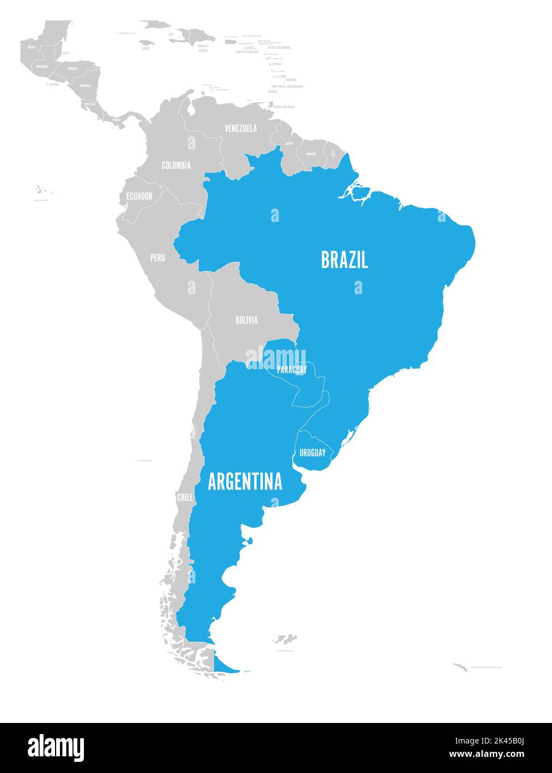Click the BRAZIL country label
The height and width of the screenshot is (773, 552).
344,260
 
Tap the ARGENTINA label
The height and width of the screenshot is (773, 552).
245,482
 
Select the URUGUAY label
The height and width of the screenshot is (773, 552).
312,453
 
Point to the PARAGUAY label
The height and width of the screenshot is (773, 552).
292,369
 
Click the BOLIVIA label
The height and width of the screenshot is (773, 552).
246,320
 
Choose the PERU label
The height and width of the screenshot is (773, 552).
157,258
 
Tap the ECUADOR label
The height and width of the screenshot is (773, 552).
139,196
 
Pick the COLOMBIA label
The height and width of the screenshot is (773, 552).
176,165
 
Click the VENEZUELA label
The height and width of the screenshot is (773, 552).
241,128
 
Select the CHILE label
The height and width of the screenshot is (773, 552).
185,497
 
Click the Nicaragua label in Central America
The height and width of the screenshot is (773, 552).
85,86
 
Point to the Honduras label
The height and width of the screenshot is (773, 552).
73,68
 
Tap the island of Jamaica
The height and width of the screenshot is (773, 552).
147,42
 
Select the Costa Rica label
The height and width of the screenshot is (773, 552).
89,103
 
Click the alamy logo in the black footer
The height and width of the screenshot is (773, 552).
56,747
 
